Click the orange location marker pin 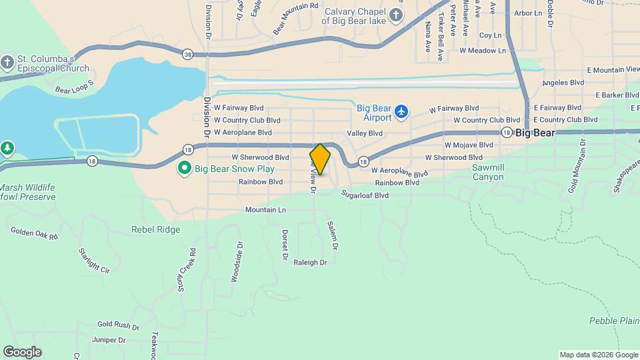(x=320, y=159)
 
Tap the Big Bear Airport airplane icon (x=401, y=111)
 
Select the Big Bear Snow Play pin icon (x=185, y=168)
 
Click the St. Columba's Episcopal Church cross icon (x=7, y=63)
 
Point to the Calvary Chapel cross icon (x=397, y=15)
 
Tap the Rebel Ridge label (x=156, y=230)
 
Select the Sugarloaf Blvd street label (x=365, y=195)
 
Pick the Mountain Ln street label (x=265, y=209)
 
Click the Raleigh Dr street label (x=310, y=263)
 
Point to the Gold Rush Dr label (x=118, y=326)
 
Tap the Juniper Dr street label (x=109, y=339)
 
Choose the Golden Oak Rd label (x=35, y=233)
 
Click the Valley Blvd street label (x=365, y=133)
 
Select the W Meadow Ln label (x=483, y=50)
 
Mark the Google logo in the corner (x=22, y=352)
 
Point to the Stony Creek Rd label (x=193, y=265)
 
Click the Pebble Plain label (x=614, y=321)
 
